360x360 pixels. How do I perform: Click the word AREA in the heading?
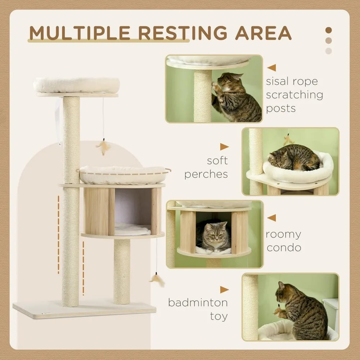point(264,33)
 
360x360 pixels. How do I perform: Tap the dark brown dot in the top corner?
point(328,30)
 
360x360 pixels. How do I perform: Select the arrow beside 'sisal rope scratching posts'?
point(272,68)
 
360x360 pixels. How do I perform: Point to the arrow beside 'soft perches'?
point(224,147)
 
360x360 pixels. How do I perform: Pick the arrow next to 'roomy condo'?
point(272,217)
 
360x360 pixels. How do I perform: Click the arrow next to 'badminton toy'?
point(224,289)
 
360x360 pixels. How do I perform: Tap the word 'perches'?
point(206,174)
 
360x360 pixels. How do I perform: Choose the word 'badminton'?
point(198,302)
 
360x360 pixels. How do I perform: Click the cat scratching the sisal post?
point(236,97)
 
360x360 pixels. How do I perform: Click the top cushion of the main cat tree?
point(76,85)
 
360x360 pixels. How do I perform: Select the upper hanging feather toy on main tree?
point(103,147)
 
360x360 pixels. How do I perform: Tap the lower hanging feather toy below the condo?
point(157,279)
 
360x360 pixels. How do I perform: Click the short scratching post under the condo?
point(122,272)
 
